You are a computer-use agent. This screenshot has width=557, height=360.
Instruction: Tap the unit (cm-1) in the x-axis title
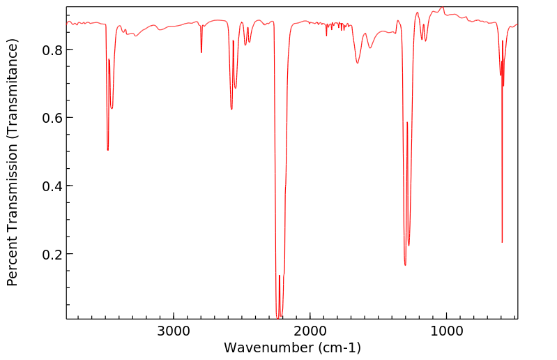(x=339, y=347)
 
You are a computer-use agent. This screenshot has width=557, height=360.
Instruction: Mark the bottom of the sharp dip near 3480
(x=107, y=149)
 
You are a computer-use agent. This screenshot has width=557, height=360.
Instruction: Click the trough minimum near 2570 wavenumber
(x=231, y=109)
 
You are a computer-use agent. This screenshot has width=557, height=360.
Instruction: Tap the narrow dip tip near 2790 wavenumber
(x=201, y=52)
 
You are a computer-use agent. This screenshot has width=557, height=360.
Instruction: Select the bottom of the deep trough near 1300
(x=405, y=265)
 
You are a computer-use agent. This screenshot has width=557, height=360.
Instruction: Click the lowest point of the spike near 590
(x=502, y=242)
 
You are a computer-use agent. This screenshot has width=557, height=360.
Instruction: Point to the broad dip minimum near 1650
(x=358, y=63)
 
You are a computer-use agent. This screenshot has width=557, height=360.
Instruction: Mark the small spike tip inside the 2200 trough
(x=280, y=276)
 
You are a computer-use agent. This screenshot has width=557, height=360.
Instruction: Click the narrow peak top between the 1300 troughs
(x=407, y=123)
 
